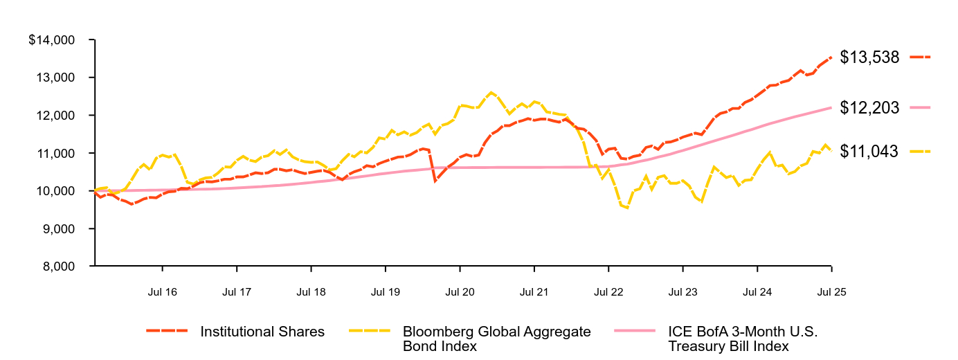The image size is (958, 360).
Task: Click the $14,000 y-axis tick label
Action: (x=51, y=40)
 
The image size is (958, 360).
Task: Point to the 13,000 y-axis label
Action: (x=55, y=78)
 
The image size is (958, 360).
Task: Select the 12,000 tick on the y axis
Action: (x=55, y=116)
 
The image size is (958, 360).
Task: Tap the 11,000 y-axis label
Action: (x=55, y=153)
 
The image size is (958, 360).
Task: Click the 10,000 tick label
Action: (x=55, y=191)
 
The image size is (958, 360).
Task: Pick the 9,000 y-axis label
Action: (x=58, y=228)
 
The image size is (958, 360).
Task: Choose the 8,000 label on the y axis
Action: (x=58, y=267)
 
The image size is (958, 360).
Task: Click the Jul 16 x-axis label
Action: (x=162, y=292)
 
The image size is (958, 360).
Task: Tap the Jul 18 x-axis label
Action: (x=311, y=292)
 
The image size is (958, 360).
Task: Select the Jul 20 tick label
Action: (x=460, y=292)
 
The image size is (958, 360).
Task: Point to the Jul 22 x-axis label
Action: (x=608, y=292)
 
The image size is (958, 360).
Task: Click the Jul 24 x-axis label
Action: (x=757, y=292)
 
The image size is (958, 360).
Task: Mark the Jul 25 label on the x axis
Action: (x=831, y=292)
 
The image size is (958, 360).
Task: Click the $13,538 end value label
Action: (x=869, y=57)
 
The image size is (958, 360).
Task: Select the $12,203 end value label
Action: (x=869, y=108)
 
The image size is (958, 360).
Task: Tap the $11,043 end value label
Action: (x=869, y=152)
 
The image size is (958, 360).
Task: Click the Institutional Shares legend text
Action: (x=262, y=332)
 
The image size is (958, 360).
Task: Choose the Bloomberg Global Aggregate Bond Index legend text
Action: (x=496, y=339)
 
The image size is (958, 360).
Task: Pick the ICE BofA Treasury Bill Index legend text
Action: (x=743, y=339)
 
